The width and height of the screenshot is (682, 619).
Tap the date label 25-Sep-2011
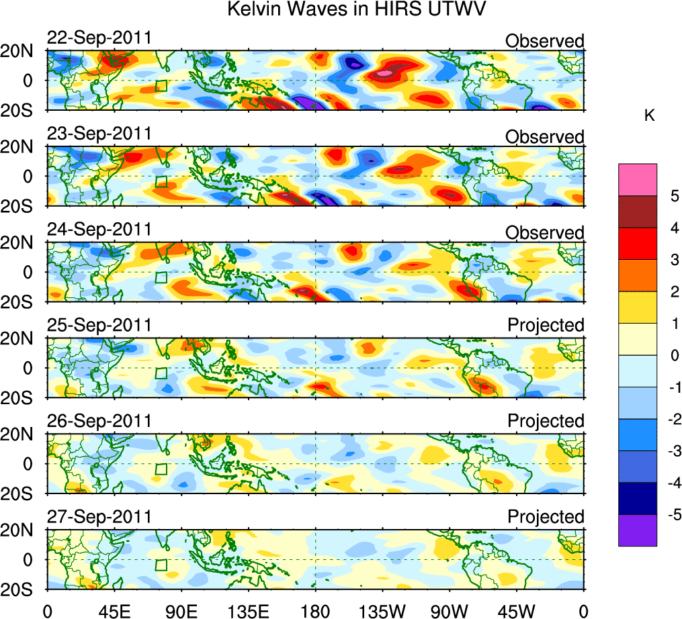click(x=99, y=326)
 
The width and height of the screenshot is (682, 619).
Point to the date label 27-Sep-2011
click(x=99, y=517)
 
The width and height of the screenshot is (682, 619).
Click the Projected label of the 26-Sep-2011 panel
click(x=546, y=421)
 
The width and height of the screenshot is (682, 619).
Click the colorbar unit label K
click(x=649, y=116)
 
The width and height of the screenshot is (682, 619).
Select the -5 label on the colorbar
click(x=671, y=514)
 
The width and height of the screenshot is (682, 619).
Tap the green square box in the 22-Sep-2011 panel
click(x=161, y=85)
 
